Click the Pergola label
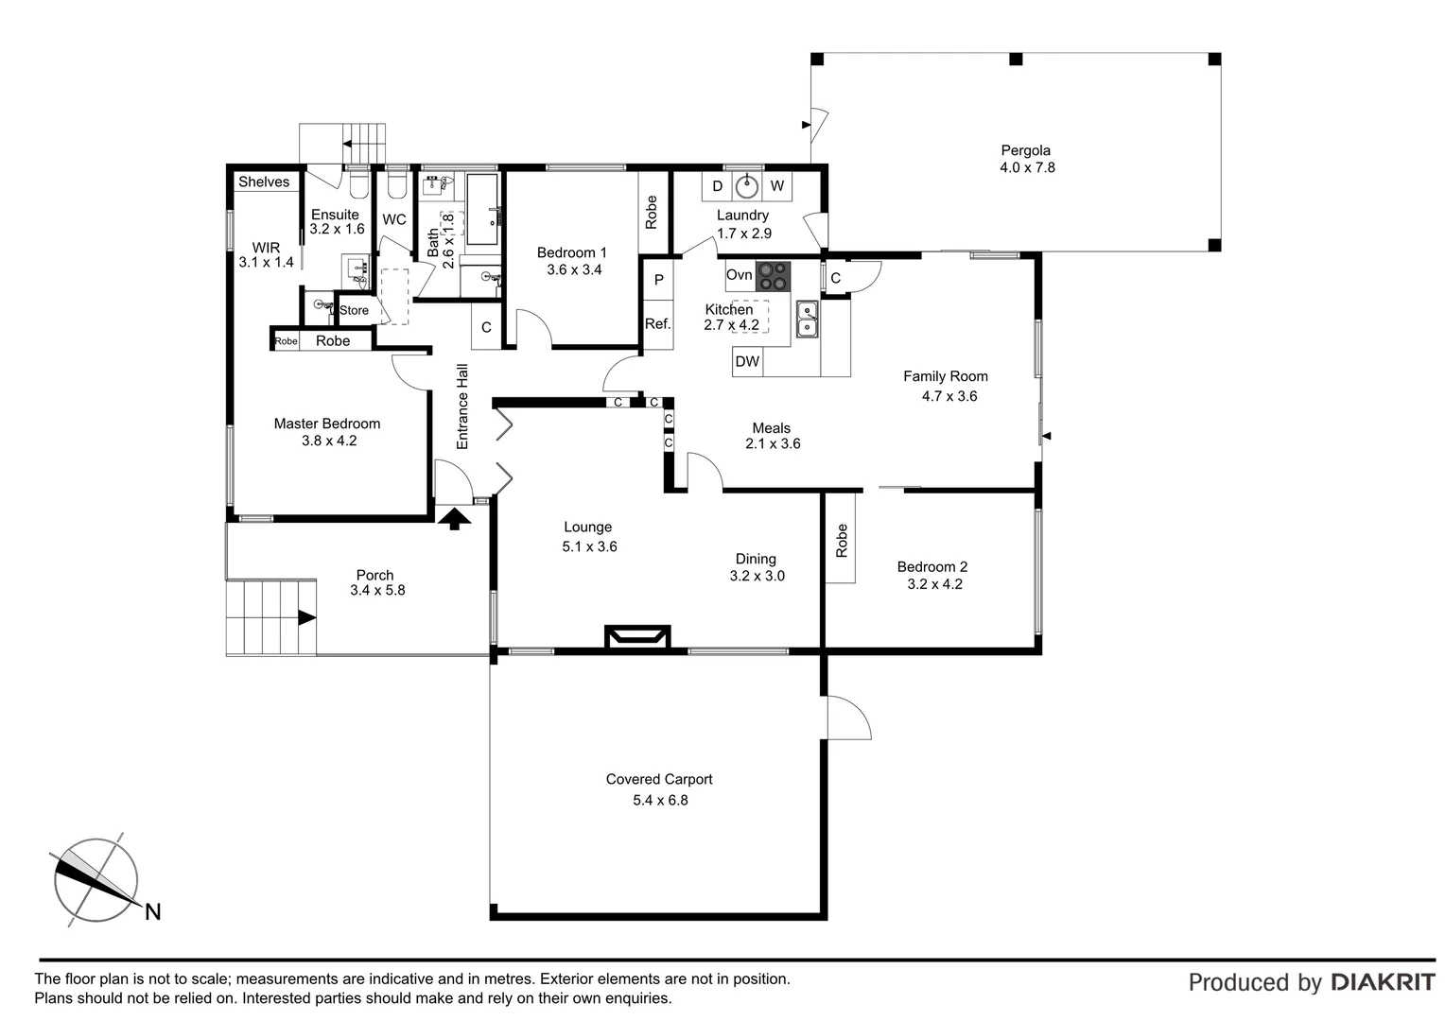tap(1025, 150)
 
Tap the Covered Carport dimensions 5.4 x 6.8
tap(660, 800)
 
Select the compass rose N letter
tap(152, 912)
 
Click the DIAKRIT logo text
tap(1383, 982)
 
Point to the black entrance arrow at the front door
tap(454, 517)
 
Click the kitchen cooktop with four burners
tap(773, 275)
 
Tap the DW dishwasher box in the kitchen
tap(747, 361)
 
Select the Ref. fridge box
tap(657, 324)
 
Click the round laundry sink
tap(747, 185)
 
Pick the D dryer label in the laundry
tap(717, 186)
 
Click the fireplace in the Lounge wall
tap(637, 637)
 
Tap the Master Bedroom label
tap(327, 424)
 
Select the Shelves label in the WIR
tap(264, 182)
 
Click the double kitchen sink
tap(807, 319)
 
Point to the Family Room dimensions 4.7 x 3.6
tap(949, 396)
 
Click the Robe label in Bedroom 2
tap(842, 541)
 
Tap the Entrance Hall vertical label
tap(462, 407)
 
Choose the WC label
tap(394, 219)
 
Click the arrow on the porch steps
tap(306, 618)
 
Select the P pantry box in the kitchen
tap(658, 281)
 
